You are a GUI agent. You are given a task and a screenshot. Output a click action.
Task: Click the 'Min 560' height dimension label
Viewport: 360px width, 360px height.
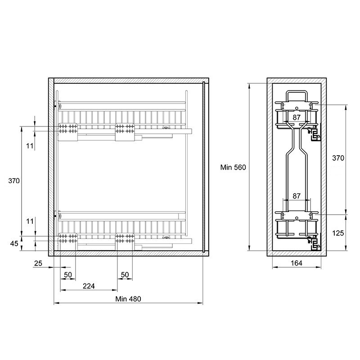pos(233,167)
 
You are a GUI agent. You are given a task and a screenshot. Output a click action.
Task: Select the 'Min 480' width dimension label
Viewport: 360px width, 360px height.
pos(128,299)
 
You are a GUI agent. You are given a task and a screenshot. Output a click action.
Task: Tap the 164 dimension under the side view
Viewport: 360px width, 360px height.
pos(297,263)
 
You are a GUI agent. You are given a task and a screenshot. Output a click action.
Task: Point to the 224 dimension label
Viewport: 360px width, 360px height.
pos(89,286)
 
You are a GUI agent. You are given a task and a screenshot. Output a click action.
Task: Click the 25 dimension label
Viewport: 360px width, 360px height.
pos(38,263)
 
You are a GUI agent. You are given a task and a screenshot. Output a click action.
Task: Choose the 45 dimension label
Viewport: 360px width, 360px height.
pos(14,243)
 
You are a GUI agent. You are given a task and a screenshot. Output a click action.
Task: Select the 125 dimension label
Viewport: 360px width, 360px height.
pos(338,233)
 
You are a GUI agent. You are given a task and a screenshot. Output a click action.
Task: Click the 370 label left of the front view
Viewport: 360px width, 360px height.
pos(14,181)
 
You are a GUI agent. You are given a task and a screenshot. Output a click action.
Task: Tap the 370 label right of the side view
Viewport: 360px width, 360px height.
pos(338,158)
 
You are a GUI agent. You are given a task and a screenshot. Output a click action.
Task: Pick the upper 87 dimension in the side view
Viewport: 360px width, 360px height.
pos(297,117)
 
